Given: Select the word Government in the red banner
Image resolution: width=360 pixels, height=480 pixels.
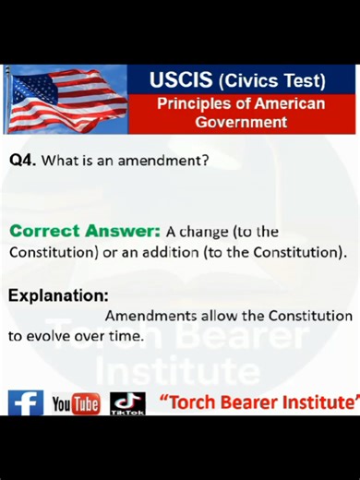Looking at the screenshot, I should click(241, 122).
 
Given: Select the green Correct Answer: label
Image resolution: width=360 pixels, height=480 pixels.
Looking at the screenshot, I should click(85, 231).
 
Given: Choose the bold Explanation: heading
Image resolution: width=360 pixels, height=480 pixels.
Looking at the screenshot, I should click(58, 295).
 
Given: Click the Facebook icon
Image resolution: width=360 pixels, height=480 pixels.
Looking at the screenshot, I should click(25, 403).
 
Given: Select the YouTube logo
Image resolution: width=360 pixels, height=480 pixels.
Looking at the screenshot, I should click(75, 404).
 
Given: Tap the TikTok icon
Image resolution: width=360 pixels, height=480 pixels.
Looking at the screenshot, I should click(127, 403).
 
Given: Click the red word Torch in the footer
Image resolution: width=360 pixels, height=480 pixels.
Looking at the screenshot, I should click(190, 402).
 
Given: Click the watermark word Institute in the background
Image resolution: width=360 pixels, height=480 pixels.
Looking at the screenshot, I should click(177, 373).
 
